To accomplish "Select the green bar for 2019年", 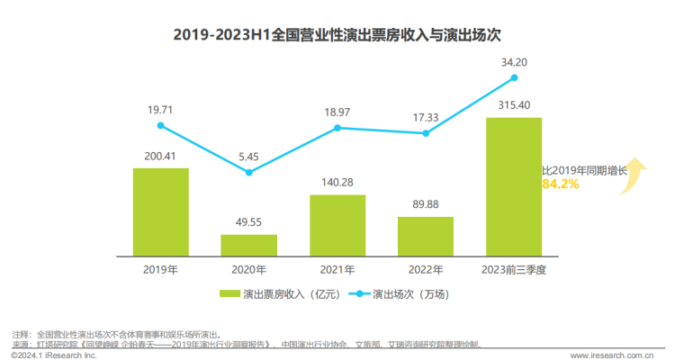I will pyautogui.click(x=161, y=211).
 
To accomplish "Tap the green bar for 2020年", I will pyautogui.click(x=249, y=245).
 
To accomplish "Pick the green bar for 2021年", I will pyautogui.click(x=337, y=225).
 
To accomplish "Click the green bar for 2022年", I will pyautogui.click(x=426, y=236).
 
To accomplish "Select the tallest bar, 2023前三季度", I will pyautogui.click(x=514, y=186).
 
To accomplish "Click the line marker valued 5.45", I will pyautogui.click(x=249, y=172).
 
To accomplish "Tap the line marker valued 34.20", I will pyautogui.click(x=514, y=77).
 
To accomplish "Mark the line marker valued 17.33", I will pyautogui.click(x=426, y=133).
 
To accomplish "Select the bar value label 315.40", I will pyautogui.click(x=514, y=105).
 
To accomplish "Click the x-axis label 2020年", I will pyautogui.click(x=249, y=269).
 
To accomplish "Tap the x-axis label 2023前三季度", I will pyautogui.click(x=514, y=269).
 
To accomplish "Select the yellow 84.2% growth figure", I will pyautogui.click(x=560, y=184).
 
